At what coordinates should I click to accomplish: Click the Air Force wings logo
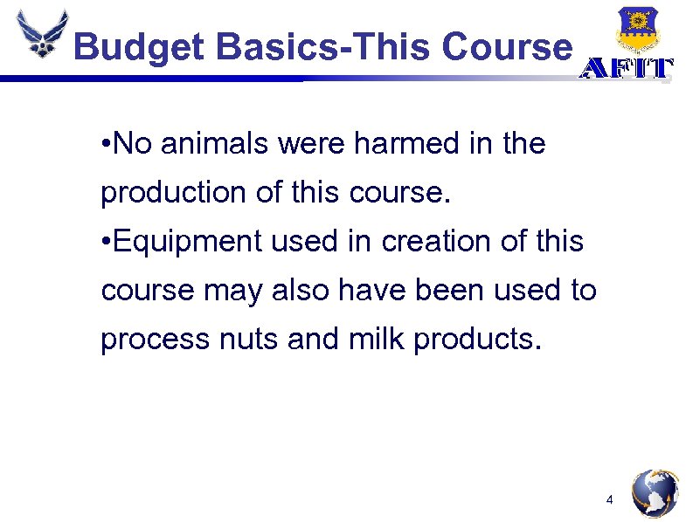40,35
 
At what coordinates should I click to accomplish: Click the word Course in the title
508,45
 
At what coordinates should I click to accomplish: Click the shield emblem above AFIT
637,29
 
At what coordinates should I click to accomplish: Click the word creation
419,242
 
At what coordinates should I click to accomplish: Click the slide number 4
610,500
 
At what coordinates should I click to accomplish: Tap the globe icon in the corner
655,493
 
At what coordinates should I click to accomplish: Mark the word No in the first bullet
132,144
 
